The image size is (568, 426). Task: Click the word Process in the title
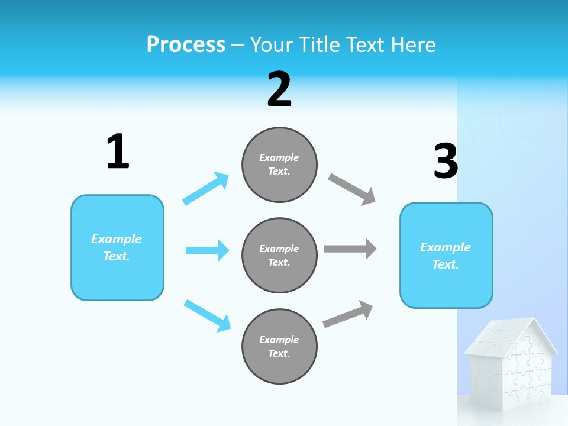coord(186,45)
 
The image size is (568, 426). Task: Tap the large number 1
coord(118,151)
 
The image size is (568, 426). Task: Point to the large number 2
coord(279,89)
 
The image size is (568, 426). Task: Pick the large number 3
coord(446,161)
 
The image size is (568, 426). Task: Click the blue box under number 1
coord(117,247)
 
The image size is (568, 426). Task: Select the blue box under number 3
coord(446,255)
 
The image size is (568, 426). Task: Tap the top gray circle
coord(279,164)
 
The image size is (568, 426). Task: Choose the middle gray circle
coord(279,255)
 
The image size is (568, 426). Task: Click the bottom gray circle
coord(279,346)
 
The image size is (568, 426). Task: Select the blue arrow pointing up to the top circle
coord(205,189)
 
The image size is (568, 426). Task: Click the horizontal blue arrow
coord(207,250)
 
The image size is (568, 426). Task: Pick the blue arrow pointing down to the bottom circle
coord(207,315)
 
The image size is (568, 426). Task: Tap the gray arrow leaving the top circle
coord(352,189)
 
